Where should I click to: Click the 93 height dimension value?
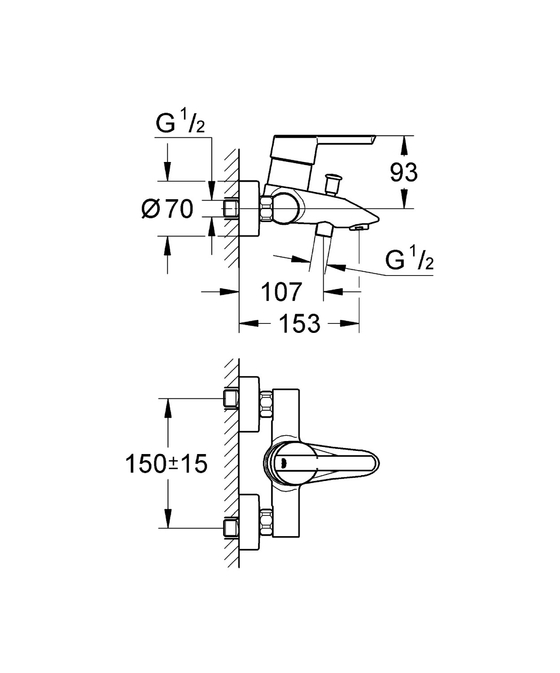click(x=404, y=172)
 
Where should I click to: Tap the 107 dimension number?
click(x=281, y=292)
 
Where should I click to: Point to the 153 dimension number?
click(x=300, y=323)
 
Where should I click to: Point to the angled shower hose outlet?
click(x=323, y=231)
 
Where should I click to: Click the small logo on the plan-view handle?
click(x=283, y=463)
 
